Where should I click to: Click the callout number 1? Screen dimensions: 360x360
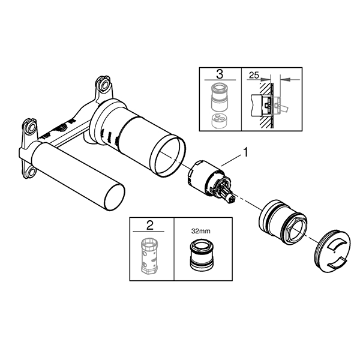[x=245, y=152]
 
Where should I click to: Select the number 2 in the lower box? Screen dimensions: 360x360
[x=149, y=225]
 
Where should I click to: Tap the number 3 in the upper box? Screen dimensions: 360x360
[x=220, y=74]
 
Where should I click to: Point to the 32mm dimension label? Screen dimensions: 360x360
[x=200, y=231]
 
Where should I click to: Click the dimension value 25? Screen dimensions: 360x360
[x=254, y=75]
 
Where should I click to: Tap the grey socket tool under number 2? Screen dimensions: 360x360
[x=149, y=256]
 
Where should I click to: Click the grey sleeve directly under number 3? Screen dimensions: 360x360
[x=220, y=97]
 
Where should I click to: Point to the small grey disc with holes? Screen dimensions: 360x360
[x=219, y=121]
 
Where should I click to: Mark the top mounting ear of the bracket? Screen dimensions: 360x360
[x=104, y=86]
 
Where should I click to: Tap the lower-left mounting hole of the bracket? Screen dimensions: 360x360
[x=31, y=171]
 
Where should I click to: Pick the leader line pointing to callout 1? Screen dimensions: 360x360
[x=232, y=160]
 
